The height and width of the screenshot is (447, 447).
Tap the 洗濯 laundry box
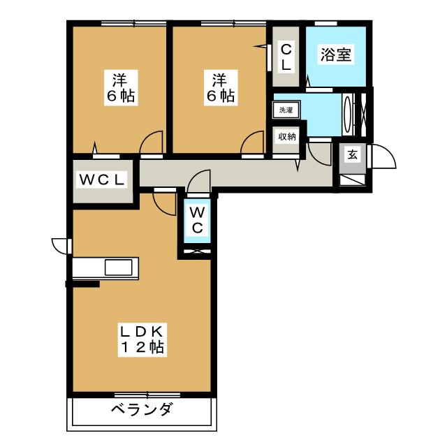pos(285,110)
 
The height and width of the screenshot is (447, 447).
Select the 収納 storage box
pos(287,137)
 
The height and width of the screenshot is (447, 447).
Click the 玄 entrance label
pos(353,154)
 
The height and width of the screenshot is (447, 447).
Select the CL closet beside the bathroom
pos(286,56)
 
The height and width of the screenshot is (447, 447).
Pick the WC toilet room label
pos(197,219)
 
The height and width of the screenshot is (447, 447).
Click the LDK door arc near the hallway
pos(165,203)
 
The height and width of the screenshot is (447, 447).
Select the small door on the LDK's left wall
pos(62,245)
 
